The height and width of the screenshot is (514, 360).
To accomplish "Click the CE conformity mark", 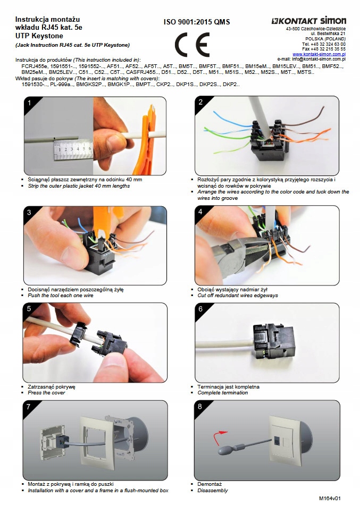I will tap(192, 45).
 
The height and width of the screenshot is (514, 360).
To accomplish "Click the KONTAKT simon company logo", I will tap(308, 21).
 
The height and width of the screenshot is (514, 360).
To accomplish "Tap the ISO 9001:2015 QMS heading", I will tap(196, 22).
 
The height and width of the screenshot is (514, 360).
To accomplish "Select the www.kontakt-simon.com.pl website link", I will tap(319, 54).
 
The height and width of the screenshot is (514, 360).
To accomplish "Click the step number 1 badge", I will tap(30, 103).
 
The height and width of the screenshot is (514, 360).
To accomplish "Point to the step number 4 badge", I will tap(200, 212).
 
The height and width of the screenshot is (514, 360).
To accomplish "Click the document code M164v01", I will tap(329, 499).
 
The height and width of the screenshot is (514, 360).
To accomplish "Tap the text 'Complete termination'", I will tap(222, 393).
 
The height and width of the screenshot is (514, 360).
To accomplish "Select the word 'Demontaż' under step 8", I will tap(209, 484).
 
